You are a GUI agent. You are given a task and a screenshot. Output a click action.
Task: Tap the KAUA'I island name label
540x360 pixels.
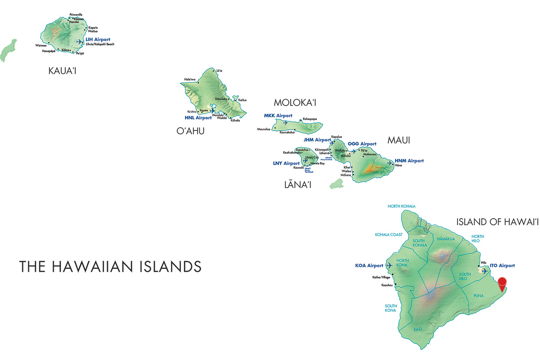[62, 71]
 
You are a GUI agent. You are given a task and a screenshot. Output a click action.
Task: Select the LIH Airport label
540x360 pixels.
[98, 40]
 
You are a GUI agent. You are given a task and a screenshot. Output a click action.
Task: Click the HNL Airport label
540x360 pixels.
[198, 118]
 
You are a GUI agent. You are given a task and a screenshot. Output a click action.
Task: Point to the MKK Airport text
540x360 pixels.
[278, 116]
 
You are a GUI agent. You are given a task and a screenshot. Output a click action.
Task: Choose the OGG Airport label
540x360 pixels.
[362, 144]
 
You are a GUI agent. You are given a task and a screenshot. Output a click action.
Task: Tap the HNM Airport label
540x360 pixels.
[409, 161]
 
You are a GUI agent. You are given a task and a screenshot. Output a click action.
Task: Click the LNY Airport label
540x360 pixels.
[286, 163]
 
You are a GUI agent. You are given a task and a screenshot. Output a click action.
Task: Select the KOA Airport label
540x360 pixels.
[369, 265]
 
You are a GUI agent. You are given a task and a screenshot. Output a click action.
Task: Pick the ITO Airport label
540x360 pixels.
[502, 266]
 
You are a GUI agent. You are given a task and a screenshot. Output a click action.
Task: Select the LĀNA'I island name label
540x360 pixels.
[297, 184]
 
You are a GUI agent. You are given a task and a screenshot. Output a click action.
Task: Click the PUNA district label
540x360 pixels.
[478, 296]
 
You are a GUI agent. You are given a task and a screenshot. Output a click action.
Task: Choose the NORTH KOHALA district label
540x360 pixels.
[402, 207]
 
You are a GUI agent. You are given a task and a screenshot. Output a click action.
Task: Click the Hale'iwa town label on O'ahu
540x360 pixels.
[190, 80]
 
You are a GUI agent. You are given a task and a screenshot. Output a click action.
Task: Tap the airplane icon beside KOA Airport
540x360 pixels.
[389, 265]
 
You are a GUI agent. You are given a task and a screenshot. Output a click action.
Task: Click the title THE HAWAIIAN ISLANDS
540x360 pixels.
[110, 266]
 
